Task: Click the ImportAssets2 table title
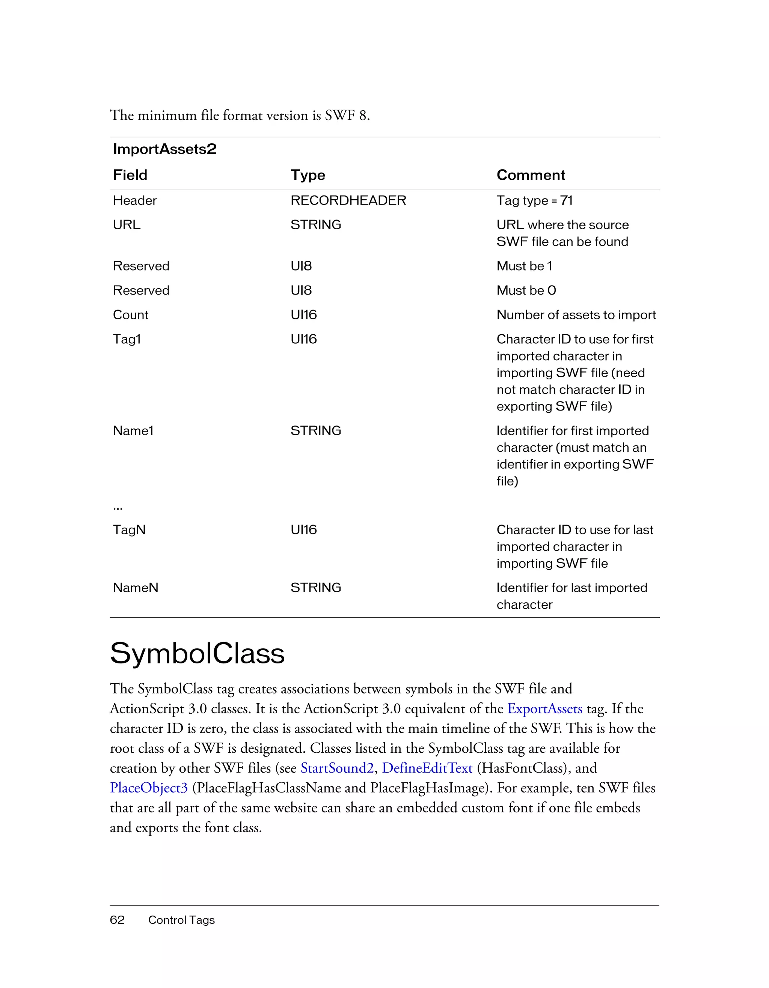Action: tap(164, 149)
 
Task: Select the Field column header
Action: tap(130, 175)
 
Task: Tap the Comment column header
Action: tap(531, 175)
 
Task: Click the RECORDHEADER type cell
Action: tap(348, 200)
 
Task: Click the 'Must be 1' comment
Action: tap(524, 266)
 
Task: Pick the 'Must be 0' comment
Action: tap(526, 290)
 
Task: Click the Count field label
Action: tap(130, 315)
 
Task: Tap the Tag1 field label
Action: tap(127, 339)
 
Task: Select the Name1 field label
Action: tap(133, 431)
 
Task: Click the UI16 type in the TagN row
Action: tap(303, 530)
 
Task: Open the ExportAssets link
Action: tap(544, 709)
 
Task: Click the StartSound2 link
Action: tap(337, 768)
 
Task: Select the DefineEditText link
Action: tap(427, 768)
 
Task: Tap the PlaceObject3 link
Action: tap(148, 788)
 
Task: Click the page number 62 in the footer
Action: tap(117, 920)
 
